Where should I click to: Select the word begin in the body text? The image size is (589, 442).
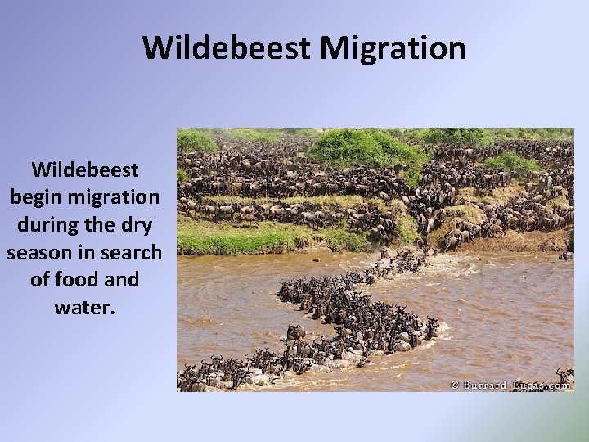(x=41, y=198)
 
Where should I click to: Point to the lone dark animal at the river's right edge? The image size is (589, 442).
(x=564, y=255)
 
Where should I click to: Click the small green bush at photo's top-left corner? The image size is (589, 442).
(x=196, y=141)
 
